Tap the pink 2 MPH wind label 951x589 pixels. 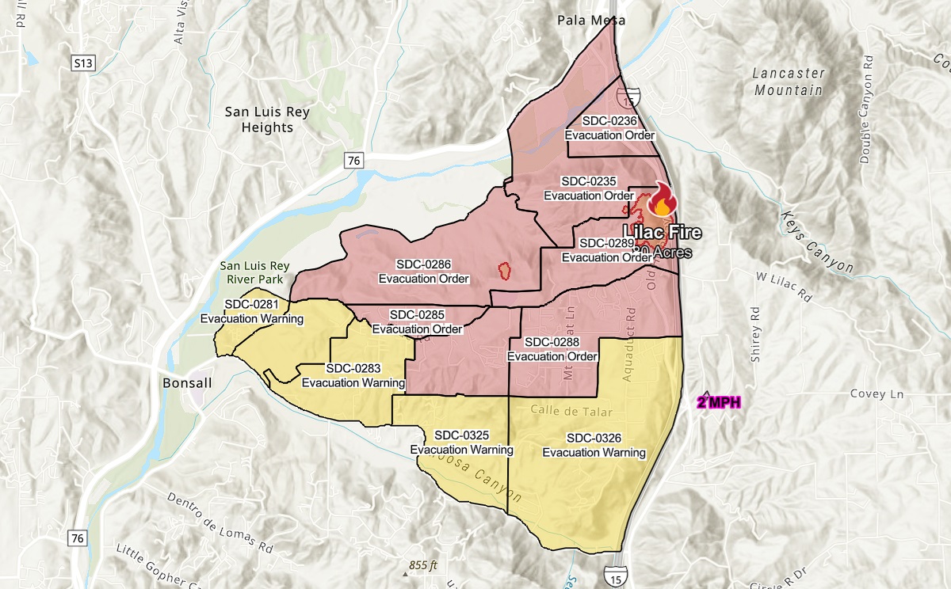coord(719,402)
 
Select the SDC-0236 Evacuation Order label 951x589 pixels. coord(609,127)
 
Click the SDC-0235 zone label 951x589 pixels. coord(588,188)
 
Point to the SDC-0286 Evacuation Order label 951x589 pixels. coord(423,271)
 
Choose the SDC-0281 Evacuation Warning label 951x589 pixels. coord(252,311)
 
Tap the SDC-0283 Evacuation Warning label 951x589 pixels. coord(353,375)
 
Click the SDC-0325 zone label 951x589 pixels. coord(461,443)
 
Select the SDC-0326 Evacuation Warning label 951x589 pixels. coord(594,445)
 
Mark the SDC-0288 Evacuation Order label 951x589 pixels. coord(552,349)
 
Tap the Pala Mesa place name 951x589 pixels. coord(590,20)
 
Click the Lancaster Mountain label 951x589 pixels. coord(789,82)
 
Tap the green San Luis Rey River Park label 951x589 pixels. coord(254,272)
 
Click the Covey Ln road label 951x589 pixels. coord(877,393)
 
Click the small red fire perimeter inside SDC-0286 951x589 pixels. coord(502,270)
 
